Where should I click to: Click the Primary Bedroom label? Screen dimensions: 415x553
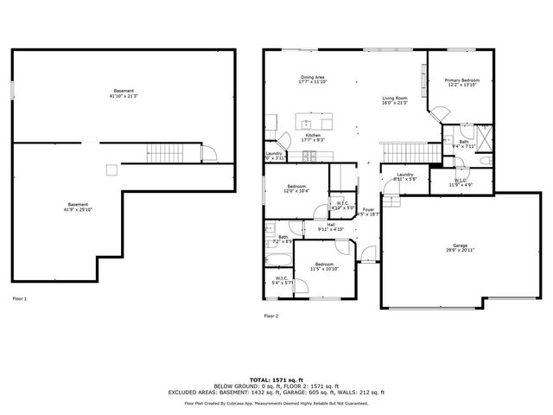coord(461,82)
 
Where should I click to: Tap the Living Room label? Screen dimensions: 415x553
coord(395,100)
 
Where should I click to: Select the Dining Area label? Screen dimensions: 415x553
coord(313,79)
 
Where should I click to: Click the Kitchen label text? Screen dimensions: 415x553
coord(312,136)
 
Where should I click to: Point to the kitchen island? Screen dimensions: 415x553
coord(313,119)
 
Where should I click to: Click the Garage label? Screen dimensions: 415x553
coord(461,247)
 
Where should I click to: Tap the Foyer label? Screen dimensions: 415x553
coord(369,210)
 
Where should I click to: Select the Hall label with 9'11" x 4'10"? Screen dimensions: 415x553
coord(331,227)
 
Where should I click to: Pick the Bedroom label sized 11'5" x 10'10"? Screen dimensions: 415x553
coord(324,265)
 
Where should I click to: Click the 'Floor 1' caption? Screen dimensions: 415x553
coord(19,298)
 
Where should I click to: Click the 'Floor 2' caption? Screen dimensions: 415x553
coord(271,316)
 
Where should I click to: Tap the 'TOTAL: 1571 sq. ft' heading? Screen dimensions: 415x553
coord(276,380)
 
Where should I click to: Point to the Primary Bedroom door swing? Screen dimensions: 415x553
coord(438,113)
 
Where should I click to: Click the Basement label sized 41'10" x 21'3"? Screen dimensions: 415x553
coord(124,93)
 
